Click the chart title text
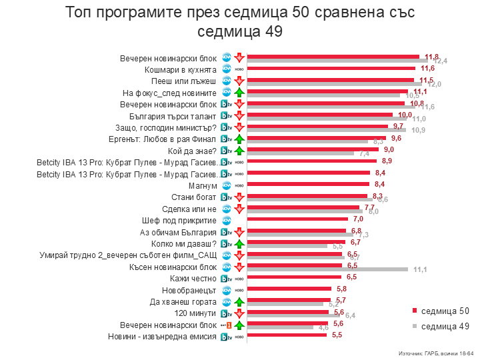point(240,21)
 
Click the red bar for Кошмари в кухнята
point(331,68)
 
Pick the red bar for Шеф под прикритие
point(297,219)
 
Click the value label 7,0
point(357,219)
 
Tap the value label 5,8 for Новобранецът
point(342,289)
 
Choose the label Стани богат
point(194,197)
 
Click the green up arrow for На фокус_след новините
point(239,92)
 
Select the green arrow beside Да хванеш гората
point(239,301)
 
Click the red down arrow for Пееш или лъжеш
point(239,81)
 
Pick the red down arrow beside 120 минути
point(239,313)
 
